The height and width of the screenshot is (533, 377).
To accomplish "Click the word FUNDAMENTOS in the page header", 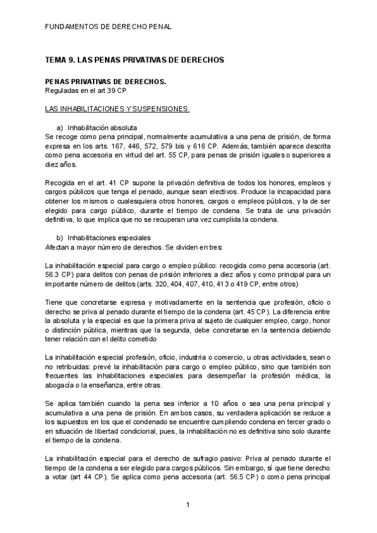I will (72, 27).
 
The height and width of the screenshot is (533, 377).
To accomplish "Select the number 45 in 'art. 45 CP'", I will (261, 311).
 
